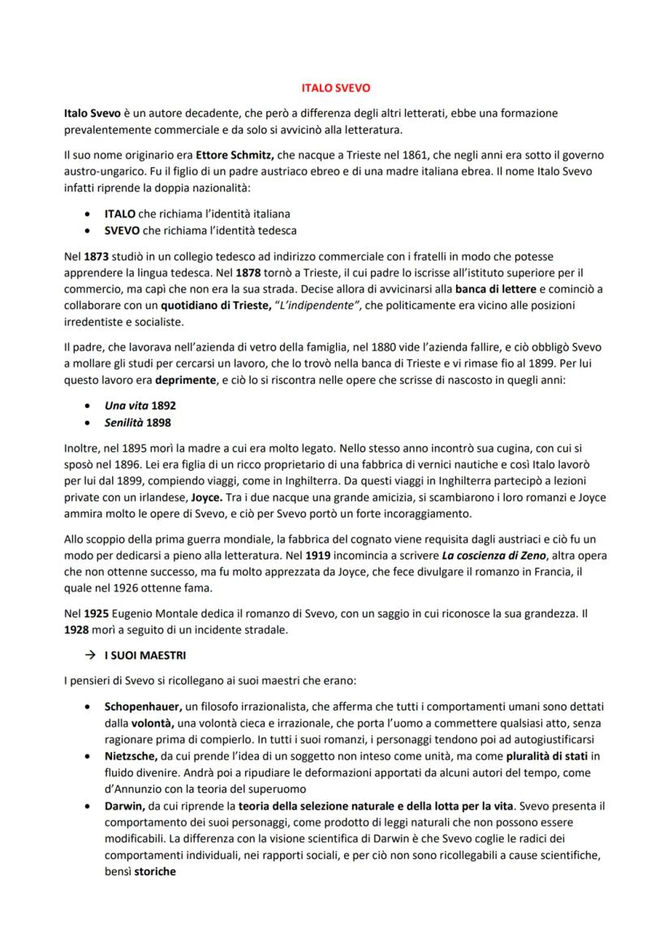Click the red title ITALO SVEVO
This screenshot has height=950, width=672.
tap(335, 85)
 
